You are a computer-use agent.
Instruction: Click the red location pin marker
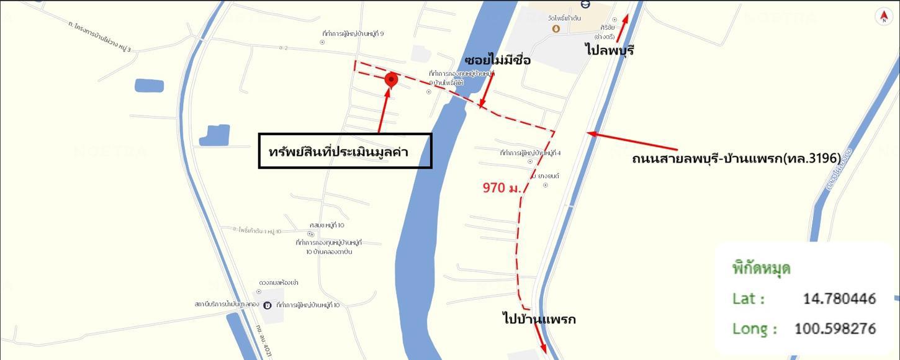point(391,80)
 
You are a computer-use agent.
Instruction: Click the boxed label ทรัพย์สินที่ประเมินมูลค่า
point(344,151)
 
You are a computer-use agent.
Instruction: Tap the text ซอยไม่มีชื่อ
point(497,60)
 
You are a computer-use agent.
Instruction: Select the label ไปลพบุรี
point(610,50)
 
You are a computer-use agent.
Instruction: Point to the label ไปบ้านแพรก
point(539,319)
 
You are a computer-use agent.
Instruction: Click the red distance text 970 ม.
point(502,187)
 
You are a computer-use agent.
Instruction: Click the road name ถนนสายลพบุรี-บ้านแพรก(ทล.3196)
point(736,158)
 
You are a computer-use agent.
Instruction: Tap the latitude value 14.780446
point(839,299)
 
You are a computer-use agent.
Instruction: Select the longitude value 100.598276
point(835,328)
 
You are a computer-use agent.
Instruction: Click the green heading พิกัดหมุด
point(761,269)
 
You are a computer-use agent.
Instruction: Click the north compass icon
point(883,17)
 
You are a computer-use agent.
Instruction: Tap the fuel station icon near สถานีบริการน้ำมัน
point(267,305)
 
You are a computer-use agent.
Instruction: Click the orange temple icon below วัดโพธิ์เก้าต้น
point(556,29)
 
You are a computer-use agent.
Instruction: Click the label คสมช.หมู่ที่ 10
point(326,225)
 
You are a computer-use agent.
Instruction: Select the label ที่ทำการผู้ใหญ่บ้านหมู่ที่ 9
point(353,34)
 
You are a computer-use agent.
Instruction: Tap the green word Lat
point(748,299)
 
